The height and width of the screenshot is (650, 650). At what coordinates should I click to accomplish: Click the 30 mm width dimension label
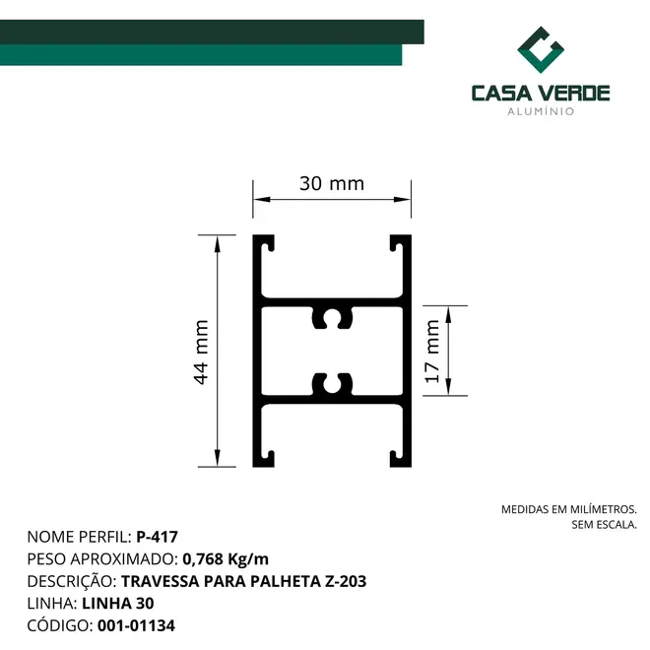click(332, 183)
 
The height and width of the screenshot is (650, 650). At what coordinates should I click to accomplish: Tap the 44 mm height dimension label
click(201, 353)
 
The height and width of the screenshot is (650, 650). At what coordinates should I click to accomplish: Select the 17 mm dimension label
click(431, 352)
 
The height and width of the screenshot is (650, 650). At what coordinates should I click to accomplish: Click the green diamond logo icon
click(541, 50)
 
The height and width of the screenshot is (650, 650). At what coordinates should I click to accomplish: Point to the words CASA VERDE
click(541, 93)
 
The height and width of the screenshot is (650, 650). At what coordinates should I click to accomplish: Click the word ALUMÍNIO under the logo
click(541, 111)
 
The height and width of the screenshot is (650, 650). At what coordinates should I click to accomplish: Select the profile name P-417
click(158, 537)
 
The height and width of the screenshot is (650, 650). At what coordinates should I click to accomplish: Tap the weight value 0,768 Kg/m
click(226, 559)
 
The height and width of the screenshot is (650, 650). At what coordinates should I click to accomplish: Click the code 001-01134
click(136, 625)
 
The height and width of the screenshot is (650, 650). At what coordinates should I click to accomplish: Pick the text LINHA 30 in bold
click(118, 604)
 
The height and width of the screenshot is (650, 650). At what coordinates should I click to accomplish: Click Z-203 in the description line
click(346, 581)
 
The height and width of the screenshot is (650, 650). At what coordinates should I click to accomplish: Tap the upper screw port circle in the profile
click(332, 318)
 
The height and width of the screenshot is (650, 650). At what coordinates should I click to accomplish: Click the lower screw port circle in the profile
click(332, 384)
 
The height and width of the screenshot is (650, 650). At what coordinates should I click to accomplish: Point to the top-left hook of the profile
click(264, 244)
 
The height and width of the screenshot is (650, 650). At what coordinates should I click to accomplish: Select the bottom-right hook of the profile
click(401, 458)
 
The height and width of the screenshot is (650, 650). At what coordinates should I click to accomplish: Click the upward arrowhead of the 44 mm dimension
click(217, 244)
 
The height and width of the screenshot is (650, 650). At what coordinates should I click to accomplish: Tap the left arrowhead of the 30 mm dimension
click(262, 199)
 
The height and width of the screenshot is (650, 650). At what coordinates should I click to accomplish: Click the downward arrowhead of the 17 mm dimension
click(448, 387)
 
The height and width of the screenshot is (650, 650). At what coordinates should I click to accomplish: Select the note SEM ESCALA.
click(604, 525)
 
